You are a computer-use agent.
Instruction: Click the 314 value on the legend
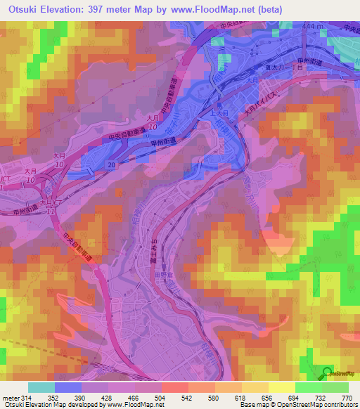pos(29,397)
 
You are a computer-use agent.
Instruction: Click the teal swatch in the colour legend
pos(41,387)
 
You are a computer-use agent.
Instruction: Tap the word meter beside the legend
pos(11,397)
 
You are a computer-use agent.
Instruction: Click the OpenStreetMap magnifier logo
pos(327,373)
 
